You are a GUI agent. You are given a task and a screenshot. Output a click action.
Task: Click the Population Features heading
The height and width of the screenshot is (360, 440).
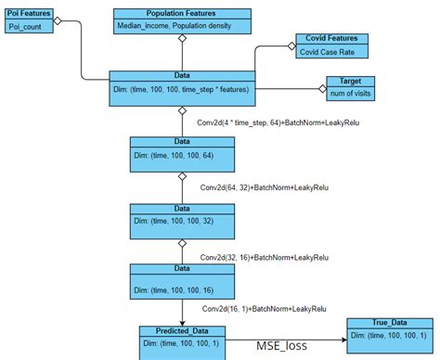tap(182, 14)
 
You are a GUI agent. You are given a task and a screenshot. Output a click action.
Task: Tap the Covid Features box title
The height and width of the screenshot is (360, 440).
tap(333, 39)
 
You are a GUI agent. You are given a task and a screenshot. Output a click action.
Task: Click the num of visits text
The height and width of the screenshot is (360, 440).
tap(351, 93)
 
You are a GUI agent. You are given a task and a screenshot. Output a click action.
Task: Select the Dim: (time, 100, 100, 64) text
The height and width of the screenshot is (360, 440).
tap(175, 156)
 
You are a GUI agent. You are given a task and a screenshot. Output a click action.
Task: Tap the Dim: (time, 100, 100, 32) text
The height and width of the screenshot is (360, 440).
tap(175, 221)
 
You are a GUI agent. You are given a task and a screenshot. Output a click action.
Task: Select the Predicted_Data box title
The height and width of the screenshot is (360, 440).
tap(182, 329)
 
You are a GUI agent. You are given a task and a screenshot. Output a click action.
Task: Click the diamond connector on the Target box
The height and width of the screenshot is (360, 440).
tap(322, 89)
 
